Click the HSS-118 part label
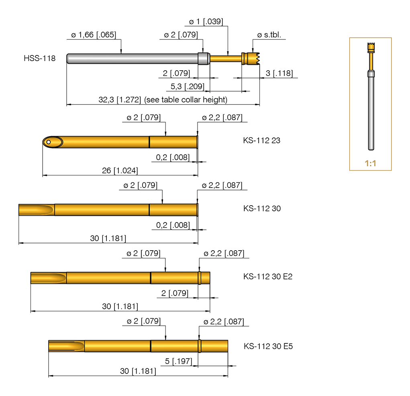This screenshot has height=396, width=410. pyautogui.click(x=39, y=59)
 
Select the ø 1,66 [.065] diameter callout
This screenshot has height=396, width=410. pyautogui.click(x=94, y=35)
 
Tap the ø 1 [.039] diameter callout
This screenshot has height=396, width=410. pyautogui.click(x=206, y=21)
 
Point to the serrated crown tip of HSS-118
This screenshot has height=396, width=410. pyautogui.click(x=255, y=58)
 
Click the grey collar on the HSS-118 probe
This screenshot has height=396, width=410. pyautogui.click(x=204, y=58)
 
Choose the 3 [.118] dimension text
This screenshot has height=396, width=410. pyautogui.click(x=279, y=73)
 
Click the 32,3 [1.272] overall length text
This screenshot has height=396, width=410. pyautogui.click(x=163, y=100)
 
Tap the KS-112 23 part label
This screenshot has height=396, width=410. pyautogui.click(x=262, y=141)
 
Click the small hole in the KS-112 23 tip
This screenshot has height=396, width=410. pyautogui.click(x=48, y=142)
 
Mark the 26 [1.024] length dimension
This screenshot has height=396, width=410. pyautogui.click(x=120, y=171)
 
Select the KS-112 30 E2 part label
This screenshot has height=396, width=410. pyautogui.click(x=268, y=276)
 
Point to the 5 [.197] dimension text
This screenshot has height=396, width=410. pyautogui.click(x=178, y=361)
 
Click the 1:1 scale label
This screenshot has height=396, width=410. pyautogui.click(x=370, y=163)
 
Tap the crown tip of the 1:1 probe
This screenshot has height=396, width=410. pyautogui.click(x=370, y=45)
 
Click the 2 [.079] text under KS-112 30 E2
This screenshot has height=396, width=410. pyautogui.click(x=174, y=293)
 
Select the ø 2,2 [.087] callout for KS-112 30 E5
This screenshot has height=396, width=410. pyautogui.click(x=223, y=321)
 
